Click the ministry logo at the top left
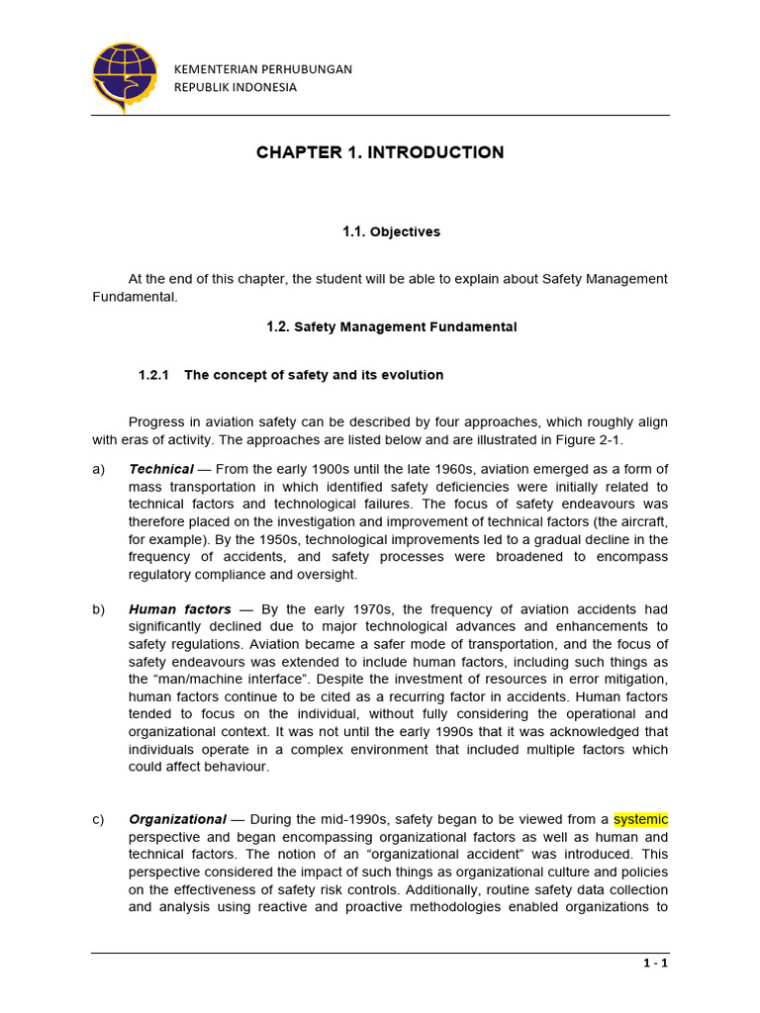[x=124, y=76]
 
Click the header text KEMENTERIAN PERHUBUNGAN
[x=262, y=69]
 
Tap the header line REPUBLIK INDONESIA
[x=235, y=87]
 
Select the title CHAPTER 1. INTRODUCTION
[x=380, y=152]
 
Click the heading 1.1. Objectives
[x=391, y=231]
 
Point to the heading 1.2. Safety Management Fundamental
[x=391, y=327]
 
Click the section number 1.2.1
[x=154, y=375]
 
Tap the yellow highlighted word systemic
[x=640, y=819]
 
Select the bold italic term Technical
[x=160, y=469]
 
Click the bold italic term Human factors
[x=179, y=609]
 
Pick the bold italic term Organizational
[x=177, y=819]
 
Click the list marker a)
[x=98, y=469]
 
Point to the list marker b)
[x=98, y=609]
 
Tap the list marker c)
[x=98, y=819]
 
